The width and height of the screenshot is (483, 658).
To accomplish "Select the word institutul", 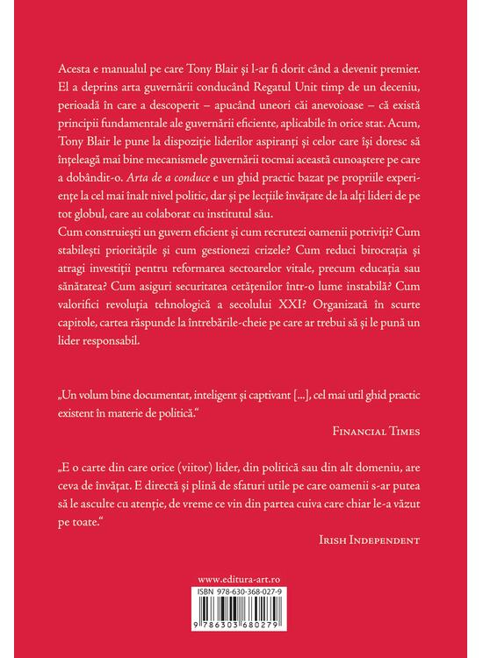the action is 306,216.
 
